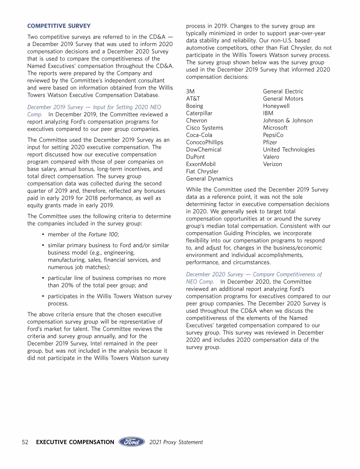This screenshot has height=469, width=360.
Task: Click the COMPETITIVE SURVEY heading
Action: coord(59,25)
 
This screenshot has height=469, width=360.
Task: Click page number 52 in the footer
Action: coord(26,442)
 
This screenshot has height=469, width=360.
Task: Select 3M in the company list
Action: coord(190,91)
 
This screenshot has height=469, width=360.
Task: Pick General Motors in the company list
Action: coord(283,98)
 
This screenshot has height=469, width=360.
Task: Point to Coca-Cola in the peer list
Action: coord(199,135)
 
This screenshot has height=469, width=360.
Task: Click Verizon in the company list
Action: coord(272,164)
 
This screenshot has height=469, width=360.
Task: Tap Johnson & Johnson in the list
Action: coord(288,121)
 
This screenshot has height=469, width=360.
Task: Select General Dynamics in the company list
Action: coord(209,179)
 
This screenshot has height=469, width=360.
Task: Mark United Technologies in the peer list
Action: coord(289,150)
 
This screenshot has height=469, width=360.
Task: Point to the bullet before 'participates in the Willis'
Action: coord(43,296)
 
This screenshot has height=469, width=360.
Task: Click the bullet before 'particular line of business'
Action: coord(43,278)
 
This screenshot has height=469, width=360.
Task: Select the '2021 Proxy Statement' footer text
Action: coord(176,442)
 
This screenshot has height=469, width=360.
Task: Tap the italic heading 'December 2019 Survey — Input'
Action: coord(94,107)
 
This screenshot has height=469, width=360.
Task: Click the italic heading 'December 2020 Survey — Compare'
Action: coord(254,274)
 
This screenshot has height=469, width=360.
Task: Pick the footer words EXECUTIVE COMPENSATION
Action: coord(75,442)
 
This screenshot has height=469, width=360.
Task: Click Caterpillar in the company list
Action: coord(199,113)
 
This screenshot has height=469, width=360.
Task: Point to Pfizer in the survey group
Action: coord(270,142)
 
